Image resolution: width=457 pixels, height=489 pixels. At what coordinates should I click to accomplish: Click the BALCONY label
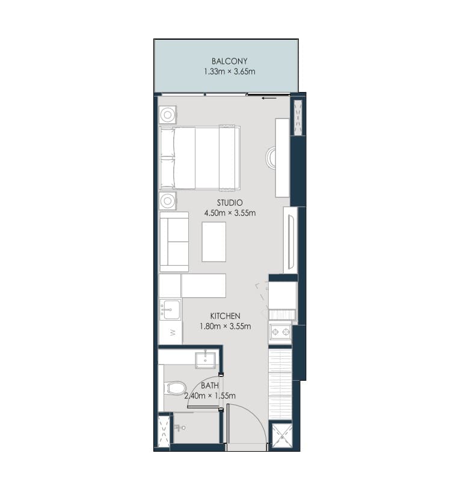pos(229,61)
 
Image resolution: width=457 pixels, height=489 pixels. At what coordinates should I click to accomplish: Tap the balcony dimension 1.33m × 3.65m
pos(230,72)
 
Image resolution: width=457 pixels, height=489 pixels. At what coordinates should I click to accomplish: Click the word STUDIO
pos(230,203)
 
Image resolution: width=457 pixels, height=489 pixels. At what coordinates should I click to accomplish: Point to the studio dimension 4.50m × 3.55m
pos(230,214)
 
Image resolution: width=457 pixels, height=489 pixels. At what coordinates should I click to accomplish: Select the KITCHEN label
pos(225,316)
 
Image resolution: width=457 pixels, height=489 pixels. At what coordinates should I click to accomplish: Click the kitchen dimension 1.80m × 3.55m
pos(225,327)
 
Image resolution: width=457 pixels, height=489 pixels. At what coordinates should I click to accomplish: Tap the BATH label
pos(209,386)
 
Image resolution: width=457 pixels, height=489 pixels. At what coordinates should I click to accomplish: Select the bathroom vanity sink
pos(206,360)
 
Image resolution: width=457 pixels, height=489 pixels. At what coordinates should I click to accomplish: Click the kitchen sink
pos(170,309)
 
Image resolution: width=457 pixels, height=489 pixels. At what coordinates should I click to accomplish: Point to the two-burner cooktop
pos(281,333)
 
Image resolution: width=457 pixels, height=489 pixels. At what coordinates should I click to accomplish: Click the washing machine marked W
pos(171,333)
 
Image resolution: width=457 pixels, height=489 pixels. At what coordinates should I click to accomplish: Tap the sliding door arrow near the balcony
pos(269,99)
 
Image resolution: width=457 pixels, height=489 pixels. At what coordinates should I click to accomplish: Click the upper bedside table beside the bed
pos(168,115)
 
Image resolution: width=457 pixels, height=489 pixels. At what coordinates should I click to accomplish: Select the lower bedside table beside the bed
pos(168,201)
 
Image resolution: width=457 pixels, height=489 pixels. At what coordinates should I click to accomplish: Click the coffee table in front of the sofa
pos(214,242)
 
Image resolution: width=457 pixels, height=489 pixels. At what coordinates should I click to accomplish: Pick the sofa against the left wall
pos(174,242)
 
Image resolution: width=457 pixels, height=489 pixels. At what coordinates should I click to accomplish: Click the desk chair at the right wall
pos(271,158)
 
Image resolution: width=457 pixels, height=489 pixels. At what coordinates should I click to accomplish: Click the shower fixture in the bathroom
pos(180,428)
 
